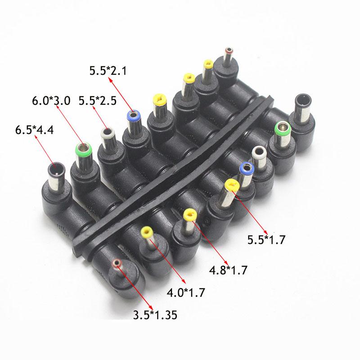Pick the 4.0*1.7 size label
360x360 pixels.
click(186, 293)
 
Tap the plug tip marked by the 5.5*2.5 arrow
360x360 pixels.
click(107, 133)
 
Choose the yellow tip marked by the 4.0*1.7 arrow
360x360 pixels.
click(147, 233)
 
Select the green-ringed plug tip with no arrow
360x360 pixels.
click(282, 128)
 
